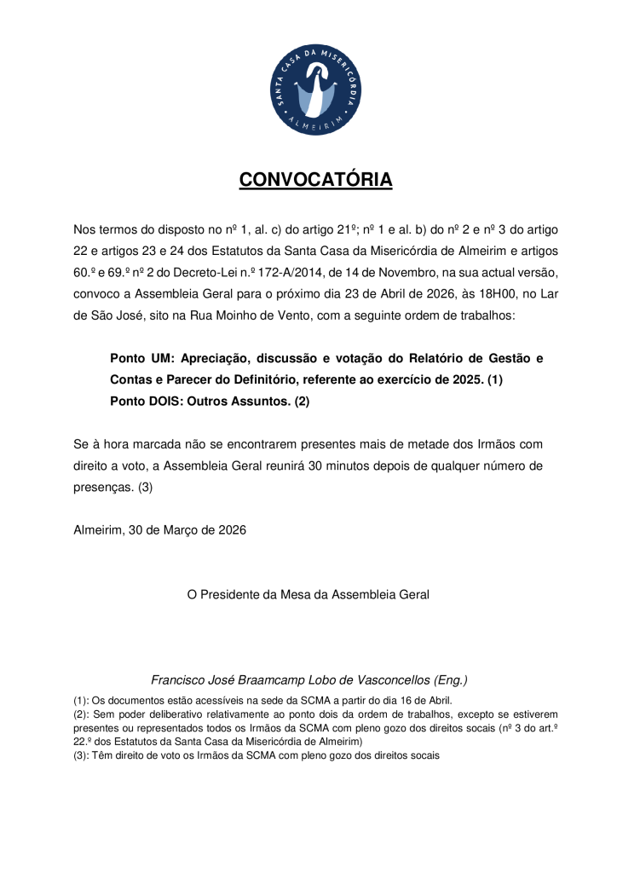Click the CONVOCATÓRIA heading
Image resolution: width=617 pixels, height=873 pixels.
coord(315,180)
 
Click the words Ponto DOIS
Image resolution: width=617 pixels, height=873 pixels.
coord(147,401)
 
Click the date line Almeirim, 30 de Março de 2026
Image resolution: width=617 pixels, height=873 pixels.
coord(160,529)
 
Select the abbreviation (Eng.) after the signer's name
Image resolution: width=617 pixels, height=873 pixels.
coord(451,680)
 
